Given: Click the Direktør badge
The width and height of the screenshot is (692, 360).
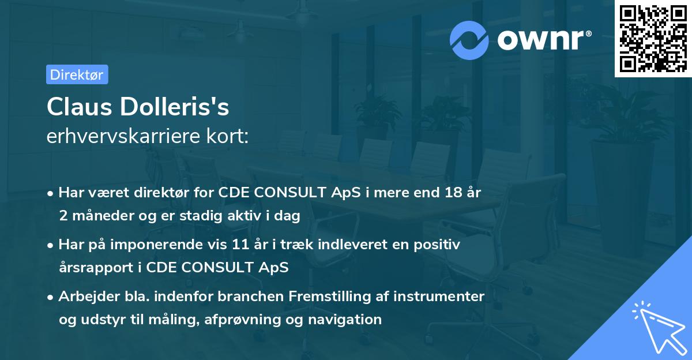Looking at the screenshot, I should click(x=77, y=74).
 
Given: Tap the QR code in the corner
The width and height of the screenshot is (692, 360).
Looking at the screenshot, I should click(x=653, y=38).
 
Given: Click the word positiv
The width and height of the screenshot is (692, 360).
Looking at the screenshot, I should click(x=438, y=245).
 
